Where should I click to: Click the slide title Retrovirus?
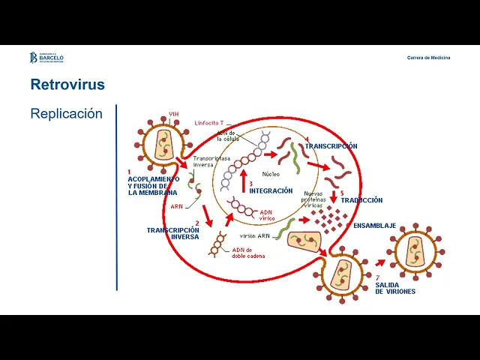[x=67, y=85]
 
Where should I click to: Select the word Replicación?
[x=66, y=114]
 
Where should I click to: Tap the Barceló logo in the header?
[x=46, y=58]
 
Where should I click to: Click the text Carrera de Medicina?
[x=428, y=58]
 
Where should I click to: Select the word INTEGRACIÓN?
[x=271, y=190]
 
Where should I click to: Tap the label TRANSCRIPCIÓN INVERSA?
[x=173, y=232]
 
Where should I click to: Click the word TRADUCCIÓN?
[x=361, y=200]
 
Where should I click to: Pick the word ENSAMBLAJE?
[x=374, y=225]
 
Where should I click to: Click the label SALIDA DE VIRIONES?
[x=395, y=287]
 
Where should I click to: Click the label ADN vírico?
[x=268, y=216]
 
